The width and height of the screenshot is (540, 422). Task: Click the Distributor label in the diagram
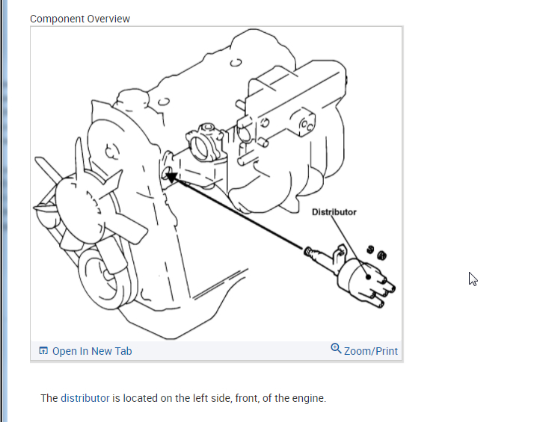click(334, 212)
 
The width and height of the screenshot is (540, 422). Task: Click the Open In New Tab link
click(91, 351)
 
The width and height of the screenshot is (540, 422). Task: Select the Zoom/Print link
click(370, 351)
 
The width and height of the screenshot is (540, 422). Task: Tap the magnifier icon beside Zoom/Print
click(336, 349)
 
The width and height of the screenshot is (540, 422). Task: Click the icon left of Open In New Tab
click(43, 351)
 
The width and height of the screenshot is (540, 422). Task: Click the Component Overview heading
click(80, 19)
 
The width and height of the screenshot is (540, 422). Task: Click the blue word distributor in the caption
click(85, 398)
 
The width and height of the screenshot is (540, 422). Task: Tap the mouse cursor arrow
click(473, 279)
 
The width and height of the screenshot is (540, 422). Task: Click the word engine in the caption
click(309, 398)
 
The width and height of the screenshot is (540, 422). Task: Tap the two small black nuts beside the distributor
click(375, 252)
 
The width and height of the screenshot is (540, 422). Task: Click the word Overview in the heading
click(108, 19)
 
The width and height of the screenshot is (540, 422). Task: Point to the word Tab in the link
click(123, 351)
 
